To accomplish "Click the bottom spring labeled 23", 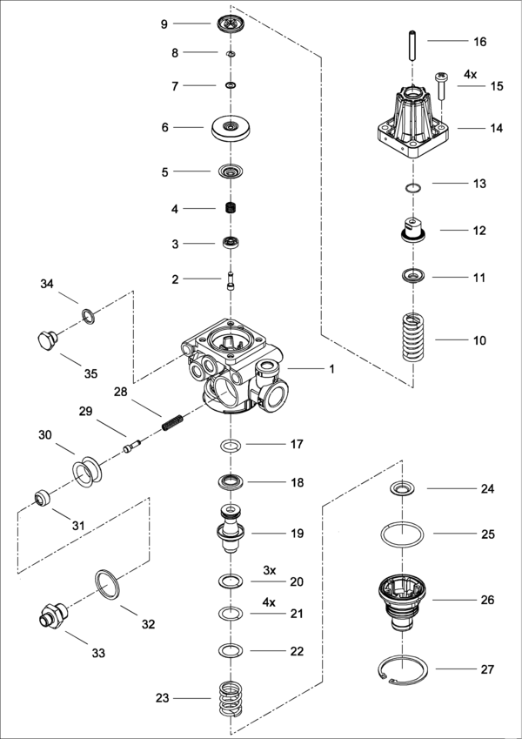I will point(230,698).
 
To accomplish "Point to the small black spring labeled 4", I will point(231,209).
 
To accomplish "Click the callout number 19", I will point(298,534).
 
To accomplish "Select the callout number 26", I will point(488,601).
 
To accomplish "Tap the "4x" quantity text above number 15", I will point(470,75).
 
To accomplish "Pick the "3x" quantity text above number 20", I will point(270,570).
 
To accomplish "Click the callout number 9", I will point(164,24).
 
